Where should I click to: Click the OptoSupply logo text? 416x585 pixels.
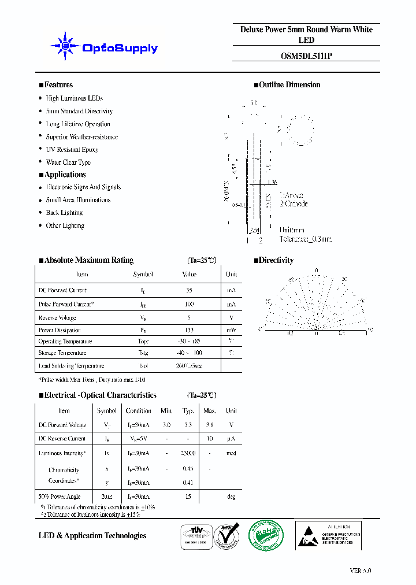[x=120, y=49]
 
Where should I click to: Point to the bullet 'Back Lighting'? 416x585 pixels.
[x=65, y=213]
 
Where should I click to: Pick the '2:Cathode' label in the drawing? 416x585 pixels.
[x=294, y=204]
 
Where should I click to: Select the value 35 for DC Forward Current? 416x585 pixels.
[x=189, y=290]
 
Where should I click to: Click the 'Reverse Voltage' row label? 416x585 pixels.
[x=57, y=318]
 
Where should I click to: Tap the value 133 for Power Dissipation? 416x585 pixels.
[x=189, y=330]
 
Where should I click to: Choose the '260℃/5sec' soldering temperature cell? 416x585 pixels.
[x=189, y=366]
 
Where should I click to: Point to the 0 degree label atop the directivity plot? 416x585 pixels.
[x=316, y=271]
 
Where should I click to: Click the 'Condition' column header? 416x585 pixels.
[x=139, y=411]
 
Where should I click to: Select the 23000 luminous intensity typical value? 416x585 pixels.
[x=188, y=453]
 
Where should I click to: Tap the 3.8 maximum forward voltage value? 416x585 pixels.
[x=209, y=425]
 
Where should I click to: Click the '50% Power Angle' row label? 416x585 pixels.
[x=60, y=497]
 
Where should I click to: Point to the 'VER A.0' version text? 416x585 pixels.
[x=360, y=570]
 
